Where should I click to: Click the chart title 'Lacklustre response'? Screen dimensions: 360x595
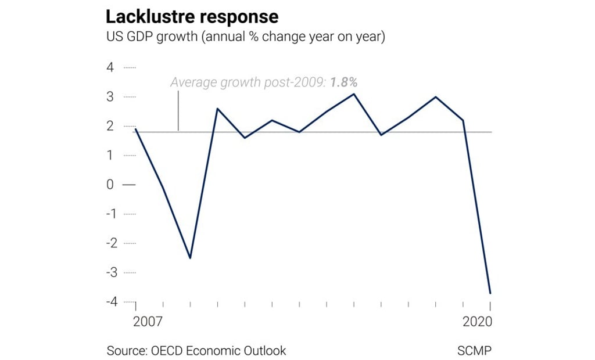click(x=192, y=15)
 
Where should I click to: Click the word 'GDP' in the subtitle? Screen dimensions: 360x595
click(x=138, y=37)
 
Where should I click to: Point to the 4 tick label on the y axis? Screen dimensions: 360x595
click(x=110, y=67)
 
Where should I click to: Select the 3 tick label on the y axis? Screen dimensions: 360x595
click(x=110, y=96)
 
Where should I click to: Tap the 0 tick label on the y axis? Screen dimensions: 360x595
click(x=110, y=185)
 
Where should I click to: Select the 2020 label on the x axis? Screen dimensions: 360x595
click(x=477, y=321)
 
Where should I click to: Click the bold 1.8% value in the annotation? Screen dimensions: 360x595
click(x=343, y=82)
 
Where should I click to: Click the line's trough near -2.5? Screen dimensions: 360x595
click(x=190, y=258)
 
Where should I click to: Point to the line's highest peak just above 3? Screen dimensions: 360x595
click(x=354, y=93)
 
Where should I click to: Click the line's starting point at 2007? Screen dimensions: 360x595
click(x=135, y=129)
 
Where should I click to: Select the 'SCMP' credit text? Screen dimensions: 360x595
click(x=475, y=351)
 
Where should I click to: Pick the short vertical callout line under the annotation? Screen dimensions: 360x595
click(x=178, y=110)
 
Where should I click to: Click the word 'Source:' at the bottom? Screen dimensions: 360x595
click(x=126, y=351)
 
